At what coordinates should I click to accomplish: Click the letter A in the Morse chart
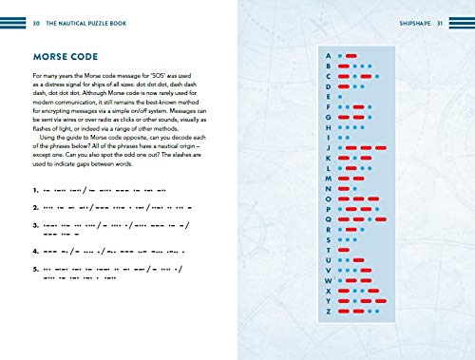[329, 56]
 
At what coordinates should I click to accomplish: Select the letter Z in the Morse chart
[329, 310]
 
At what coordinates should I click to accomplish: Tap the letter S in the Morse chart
[329, 238]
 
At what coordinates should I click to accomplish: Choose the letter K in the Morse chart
[329, 158]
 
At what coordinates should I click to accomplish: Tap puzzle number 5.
[34, 274]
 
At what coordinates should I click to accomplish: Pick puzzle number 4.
[34, 252]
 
